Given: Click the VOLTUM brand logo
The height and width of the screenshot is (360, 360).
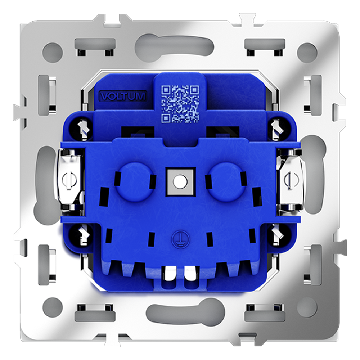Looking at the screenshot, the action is tap(123, 96).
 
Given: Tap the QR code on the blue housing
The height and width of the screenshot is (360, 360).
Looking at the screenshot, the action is tap(180, 104).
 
